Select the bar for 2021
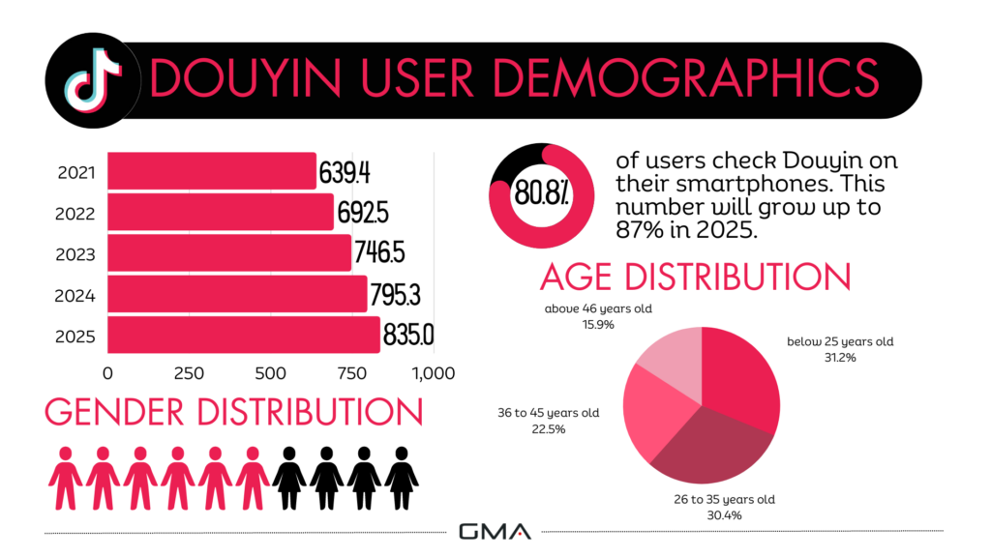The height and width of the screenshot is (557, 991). point(211,171)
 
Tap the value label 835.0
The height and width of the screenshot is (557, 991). point(407,335)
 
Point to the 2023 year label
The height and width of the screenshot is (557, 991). point(75,253)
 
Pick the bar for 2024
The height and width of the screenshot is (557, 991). point(237,294)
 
